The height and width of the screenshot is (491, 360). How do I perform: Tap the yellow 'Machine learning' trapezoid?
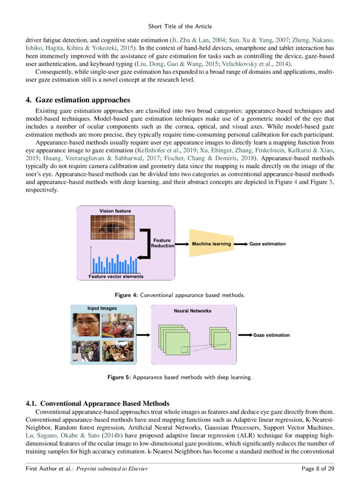coord(211,244)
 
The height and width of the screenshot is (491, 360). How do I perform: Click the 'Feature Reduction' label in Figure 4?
coord(162,243)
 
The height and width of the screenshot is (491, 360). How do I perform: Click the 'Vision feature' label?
coord(115,211)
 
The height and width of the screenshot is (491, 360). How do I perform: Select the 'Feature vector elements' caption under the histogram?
coord(116,276)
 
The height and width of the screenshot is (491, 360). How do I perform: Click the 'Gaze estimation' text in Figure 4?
coord(268,244)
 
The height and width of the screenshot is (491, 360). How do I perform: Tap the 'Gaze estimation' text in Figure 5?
coord(271,335)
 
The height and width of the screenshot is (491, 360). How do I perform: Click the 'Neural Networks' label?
coord(192,311)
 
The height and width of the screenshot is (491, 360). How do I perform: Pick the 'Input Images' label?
coord(102,309)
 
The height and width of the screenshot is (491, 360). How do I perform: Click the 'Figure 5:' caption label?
coord(119,378)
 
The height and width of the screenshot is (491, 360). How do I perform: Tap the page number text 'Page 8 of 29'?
coord(318,469)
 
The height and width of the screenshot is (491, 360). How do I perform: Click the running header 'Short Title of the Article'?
coord(180,26)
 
